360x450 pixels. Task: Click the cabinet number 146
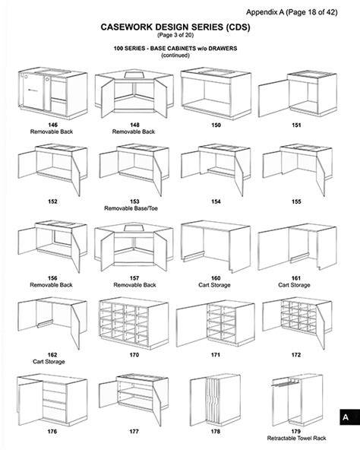[x=52, y=125]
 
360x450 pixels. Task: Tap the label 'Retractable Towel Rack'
[x=296, y=438]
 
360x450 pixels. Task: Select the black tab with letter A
[x=349, y=417]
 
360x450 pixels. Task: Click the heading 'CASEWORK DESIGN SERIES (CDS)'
[x=175, y=27]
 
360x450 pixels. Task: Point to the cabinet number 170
[x=134, y=355]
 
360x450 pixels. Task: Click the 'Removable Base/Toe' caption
[x=131, y=208]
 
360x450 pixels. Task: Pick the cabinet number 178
[x=216, y=431]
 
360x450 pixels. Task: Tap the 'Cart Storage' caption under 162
[x=49, y=362]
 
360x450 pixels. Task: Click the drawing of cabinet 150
[x=216, y=93]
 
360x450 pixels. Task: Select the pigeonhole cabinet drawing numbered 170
[x=134, y=323]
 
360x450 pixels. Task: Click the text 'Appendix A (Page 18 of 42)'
[x=292, y=12]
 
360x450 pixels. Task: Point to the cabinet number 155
[x=296, y=201]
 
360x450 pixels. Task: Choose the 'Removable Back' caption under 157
[x=134, y=285]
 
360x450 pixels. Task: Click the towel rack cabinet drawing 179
[x=297, y=400]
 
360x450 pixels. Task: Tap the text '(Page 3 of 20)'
[x=175, y=35]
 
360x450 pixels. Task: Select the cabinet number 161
[x=296, y=278]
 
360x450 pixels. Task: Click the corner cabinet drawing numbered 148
[x=134, y=93]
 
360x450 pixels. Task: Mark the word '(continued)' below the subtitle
[x=175, y=55]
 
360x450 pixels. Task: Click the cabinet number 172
[x=296, y=355]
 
